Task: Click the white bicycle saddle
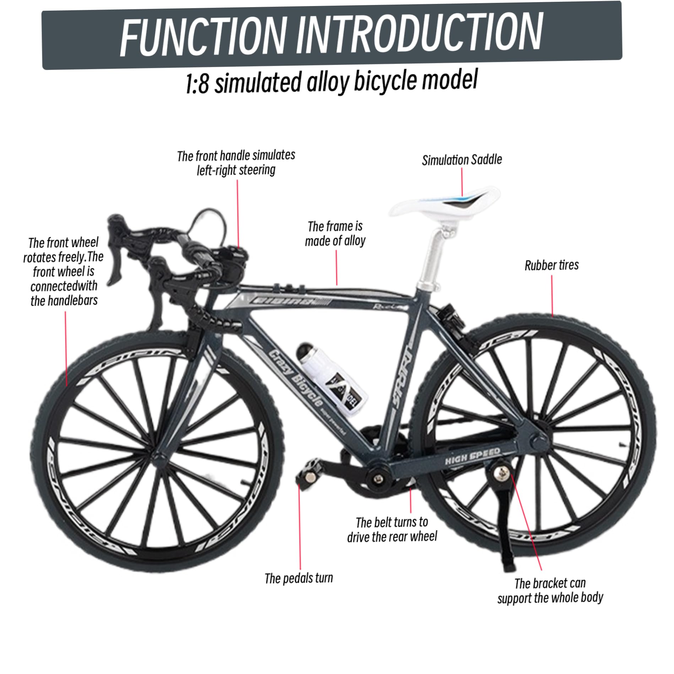click(444, 204)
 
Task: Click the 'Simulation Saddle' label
click(462, 160)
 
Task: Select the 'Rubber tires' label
click(551, 265)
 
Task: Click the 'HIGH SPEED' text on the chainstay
click(472, 456)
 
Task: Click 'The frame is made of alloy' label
click(335, 234)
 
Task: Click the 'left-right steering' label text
click(236, 170)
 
